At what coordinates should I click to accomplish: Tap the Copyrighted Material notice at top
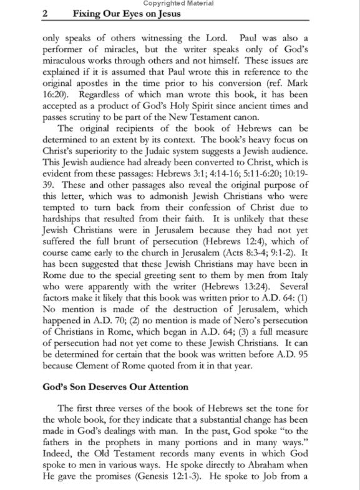pyautogui.click(x=180, y=4)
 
